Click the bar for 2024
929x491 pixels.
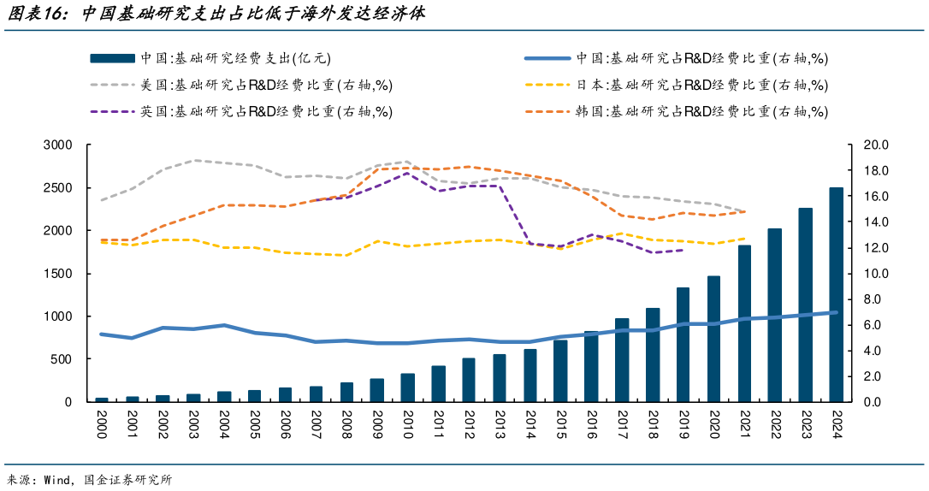837,295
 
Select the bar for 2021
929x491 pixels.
745,323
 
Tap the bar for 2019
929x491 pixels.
683,345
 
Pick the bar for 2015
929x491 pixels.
560,371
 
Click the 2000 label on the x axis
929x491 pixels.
102,423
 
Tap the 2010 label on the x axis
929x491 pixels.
407,423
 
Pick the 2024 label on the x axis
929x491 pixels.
837,423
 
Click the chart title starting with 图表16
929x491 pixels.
214,15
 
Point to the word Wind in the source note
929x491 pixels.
57,480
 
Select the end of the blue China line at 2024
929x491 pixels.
837,312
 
